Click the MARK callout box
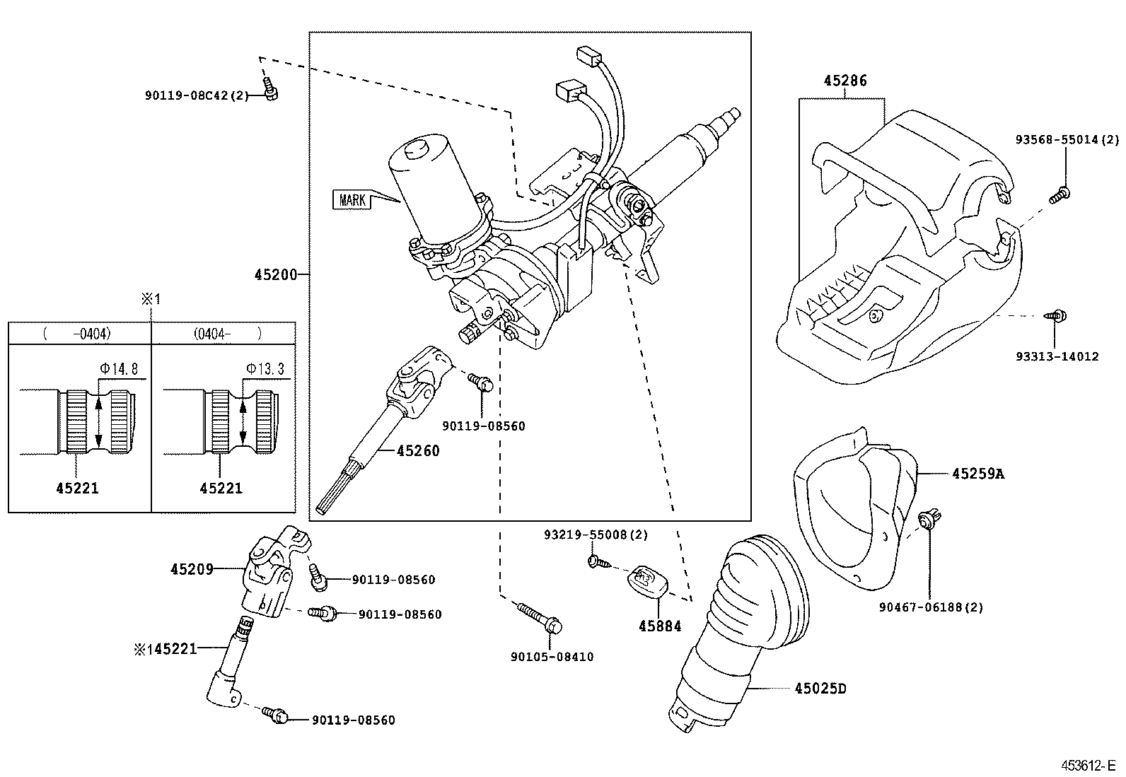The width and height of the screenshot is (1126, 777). click(x=352, y=200)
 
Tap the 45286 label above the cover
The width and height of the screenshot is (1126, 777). click(x=844, y=81)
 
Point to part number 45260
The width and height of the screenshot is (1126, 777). click(x=418, y=450)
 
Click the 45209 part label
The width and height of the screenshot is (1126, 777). click(x=192, y=568)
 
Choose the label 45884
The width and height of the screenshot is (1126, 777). click(x=660, y=625)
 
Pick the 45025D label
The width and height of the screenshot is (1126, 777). click(x=820, y=687)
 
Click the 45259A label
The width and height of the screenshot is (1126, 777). click(x=977, y=474)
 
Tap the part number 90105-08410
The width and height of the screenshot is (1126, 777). click(x=552, y=657)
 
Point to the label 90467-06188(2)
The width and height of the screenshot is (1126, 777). click(x=931, y=607)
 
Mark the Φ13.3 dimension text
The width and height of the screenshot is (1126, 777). click(x=265, y=368)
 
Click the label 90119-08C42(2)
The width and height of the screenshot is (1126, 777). click(x=197, y=95)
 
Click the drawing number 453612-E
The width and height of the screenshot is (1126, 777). click(x=1089, y=766)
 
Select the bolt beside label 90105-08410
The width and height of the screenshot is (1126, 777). click(x=540, y=617)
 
